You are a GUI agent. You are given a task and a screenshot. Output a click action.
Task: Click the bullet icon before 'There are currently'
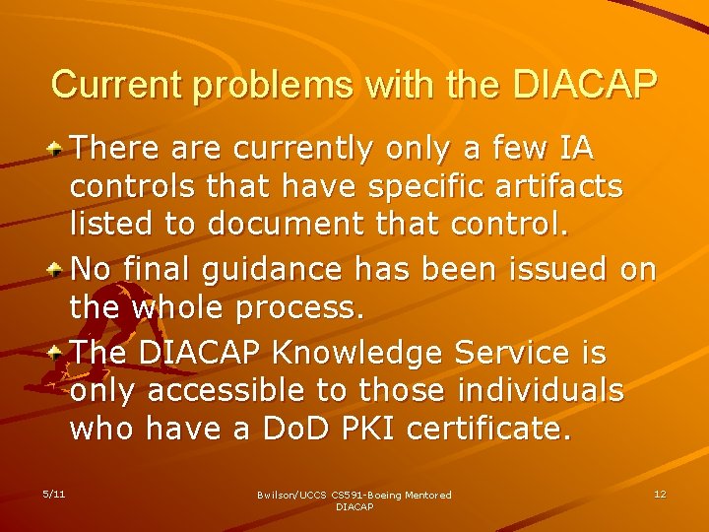(x=59, y=149)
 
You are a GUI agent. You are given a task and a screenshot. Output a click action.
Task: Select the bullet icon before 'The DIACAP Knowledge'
(x=59, y=353)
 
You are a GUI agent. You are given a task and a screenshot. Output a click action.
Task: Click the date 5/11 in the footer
(x=54, y=494)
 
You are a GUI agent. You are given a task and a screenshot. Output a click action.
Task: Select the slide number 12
(x=660, y=494)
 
